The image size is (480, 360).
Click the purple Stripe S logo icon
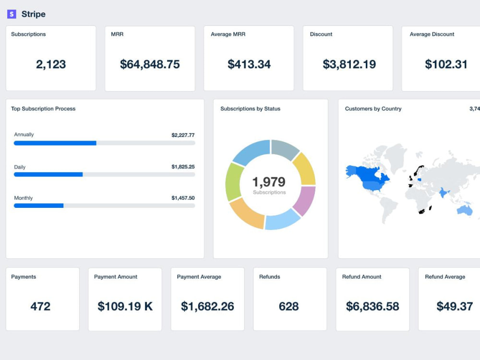click(x=12, y=14)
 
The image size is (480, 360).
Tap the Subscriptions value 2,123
click(x=51, y=65)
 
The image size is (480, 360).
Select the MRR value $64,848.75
click(x=150, y=64)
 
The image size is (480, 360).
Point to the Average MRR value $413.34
click(x=249, y=64)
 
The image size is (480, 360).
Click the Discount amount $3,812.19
click(x=349, y=64)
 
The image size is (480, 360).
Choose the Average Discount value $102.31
click(x=446, y=64)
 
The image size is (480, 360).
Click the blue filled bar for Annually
click(x=55, y=143)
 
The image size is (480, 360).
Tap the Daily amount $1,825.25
click(x=183, y=167)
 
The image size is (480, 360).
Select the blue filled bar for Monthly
click(x=38, y=206)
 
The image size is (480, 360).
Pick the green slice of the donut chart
click(x=234, y=182)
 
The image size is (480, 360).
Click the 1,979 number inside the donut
click(x=269, y=182)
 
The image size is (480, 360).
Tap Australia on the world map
click(x=464, y=210)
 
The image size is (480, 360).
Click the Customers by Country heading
click(x=373, y=108)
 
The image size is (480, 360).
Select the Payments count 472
click(x=40, y=306)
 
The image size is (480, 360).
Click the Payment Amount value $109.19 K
click(x=125, y=306)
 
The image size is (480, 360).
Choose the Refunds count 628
click(x=288, y=306)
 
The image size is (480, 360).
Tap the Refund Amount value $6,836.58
click(x=372, y=306)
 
